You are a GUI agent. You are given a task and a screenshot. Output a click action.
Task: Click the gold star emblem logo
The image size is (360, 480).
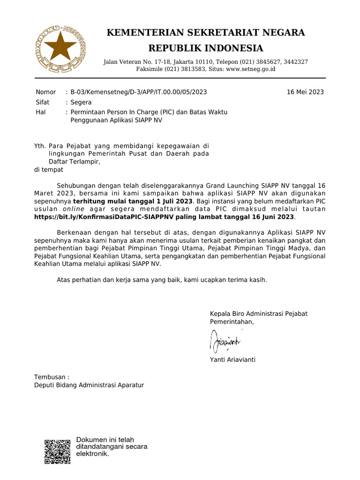point(60,48)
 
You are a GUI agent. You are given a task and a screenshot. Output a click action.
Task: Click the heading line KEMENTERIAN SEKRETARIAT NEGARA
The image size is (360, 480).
point(206,32)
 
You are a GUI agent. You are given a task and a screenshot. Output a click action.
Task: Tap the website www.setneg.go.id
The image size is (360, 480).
point(250,69)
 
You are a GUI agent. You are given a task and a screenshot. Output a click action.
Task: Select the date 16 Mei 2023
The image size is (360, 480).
point(305,92)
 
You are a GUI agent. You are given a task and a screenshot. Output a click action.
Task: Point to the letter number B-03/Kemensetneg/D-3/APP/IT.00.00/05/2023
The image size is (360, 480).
point(138,92)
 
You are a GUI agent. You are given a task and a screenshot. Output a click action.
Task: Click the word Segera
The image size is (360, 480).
point(81,102)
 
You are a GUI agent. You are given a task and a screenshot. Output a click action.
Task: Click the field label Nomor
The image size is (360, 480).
point(45,92)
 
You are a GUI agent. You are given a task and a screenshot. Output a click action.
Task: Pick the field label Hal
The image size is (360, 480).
point(41,112)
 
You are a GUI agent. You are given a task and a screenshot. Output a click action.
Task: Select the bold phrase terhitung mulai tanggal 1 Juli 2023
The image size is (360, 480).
point(133,201)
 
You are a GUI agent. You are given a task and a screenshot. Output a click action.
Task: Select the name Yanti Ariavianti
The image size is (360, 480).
point(233,360)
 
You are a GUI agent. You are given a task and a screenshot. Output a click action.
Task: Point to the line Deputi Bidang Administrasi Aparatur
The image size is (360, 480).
point(89,385)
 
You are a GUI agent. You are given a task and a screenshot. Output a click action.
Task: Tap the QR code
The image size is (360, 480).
point(58,451)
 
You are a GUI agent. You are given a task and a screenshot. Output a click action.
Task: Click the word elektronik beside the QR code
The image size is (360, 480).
point(92,454)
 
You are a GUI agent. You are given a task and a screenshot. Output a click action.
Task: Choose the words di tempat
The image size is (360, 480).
point(49,170)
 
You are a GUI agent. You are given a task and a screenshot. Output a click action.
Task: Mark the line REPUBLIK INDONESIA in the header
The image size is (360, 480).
point(206,48)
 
